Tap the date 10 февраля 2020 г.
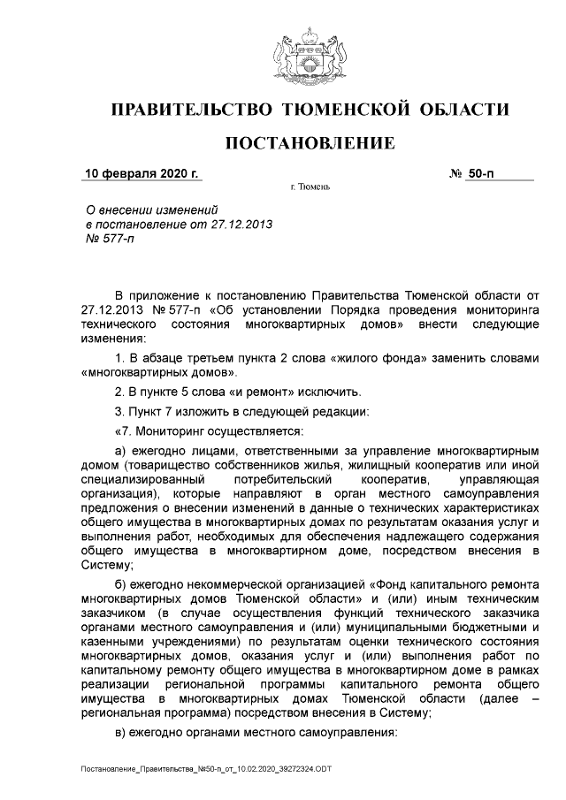pyautogui.click(x=141, y=173)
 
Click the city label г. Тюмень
pyautogui.click(x=311, y=187)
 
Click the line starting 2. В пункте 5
pyautogui.click(x=226, y=392)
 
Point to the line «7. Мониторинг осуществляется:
pyautogui.click(x=209, y=431)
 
